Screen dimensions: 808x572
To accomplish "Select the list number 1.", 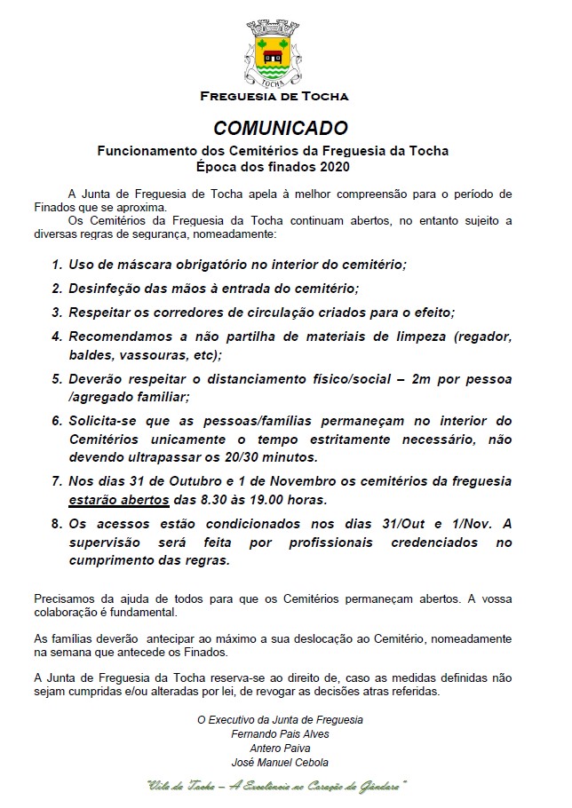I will click(x=57, y=265).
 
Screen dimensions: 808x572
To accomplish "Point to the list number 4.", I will click(x=57, y=337).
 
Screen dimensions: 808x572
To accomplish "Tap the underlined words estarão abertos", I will click(x=118, y=499).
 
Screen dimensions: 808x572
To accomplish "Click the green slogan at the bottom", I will click(x=277, y=786).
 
